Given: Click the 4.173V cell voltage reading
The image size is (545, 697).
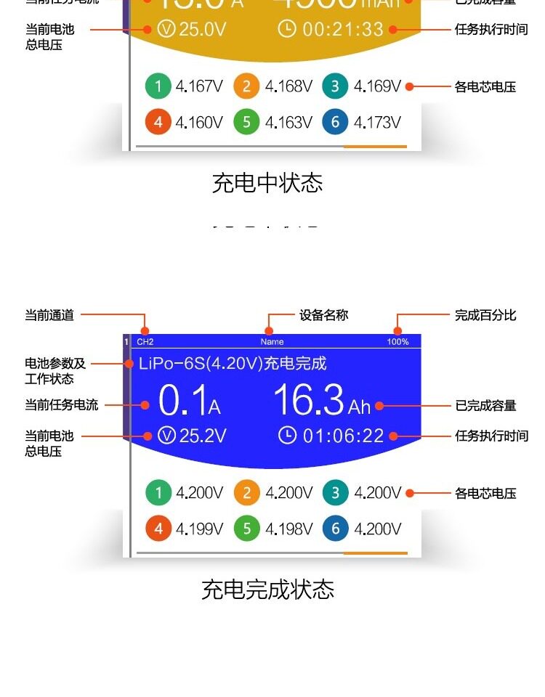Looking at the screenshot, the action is [x=377, y=122].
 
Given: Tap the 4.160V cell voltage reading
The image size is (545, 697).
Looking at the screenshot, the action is [x=199, y=122].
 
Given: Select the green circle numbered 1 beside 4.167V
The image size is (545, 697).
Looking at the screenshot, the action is [x=158, y=87].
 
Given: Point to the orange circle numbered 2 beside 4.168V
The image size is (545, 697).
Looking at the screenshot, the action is [x=246, y=87].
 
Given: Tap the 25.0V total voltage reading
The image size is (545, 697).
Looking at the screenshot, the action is [x=203, y=29].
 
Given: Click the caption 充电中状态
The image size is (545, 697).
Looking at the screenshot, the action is [x=267, y=182].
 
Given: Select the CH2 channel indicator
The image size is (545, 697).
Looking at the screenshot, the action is [x=145, y=341].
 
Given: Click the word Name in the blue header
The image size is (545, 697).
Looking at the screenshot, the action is [x=272, y=341].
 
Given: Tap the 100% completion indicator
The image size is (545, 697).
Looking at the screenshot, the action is [x=397, y=341].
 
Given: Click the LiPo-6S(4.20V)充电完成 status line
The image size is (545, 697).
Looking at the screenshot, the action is [x=233, y=363].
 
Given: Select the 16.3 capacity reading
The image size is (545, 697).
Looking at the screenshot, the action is [x=308, y=400].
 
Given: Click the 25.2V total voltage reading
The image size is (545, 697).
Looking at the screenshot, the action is [x=203, y=436].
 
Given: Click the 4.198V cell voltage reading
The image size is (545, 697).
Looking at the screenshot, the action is [x=288, y=529].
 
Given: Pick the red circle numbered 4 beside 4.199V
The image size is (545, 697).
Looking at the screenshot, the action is [x=158, y=529].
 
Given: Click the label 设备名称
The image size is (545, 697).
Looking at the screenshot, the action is [x=324, y=315].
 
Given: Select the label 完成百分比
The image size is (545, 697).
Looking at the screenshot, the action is [x=485, y=315].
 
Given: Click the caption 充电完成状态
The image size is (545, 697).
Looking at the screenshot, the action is [x=267, y=589].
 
